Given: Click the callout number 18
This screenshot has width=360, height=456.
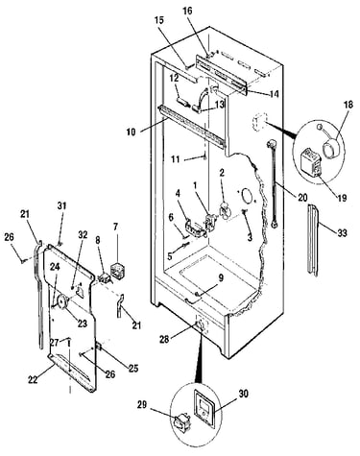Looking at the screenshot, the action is click(x=348, y=105).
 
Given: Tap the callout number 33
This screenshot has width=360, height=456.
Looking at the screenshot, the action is click(x=342, y=233).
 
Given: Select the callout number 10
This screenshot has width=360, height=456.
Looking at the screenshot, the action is click(x=131, y=132).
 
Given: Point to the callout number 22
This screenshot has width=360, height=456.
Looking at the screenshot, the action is click(x=33, y=379).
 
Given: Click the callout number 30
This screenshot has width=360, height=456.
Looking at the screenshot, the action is click(x=243, y=394).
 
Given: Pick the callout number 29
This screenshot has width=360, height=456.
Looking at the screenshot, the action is click(x=142, y=405).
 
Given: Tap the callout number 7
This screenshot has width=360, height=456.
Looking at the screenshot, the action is click(x=115, y=227).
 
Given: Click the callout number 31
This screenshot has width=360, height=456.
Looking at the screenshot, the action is click(x=61, y=205).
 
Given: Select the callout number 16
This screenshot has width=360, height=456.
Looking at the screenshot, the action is click(x=188, y=11).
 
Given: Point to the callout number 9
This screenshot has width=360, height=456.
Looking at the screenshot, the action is click(x=221, y=279).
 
